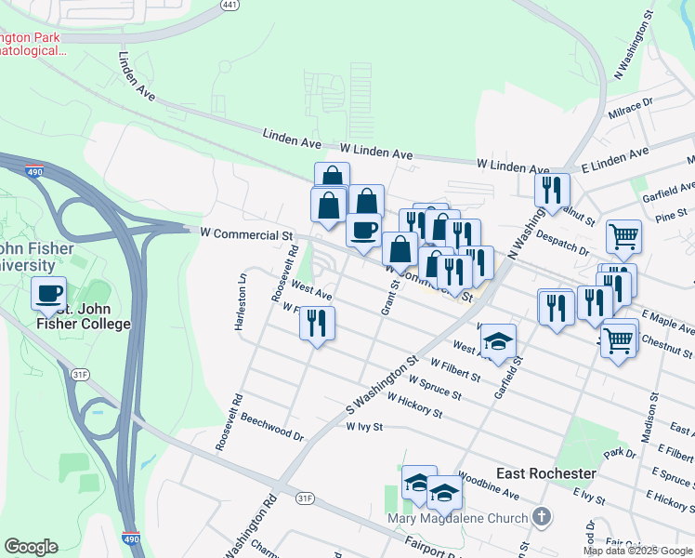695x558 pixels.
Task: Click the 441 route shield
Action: [x=228, y=5]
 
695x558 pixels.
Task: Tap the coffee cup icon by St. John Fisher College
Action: [x=48, y=293]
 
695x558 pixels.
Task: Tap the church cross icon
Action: [x=544, y=517]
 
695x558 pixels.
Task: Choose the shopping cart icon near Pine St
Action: [x=623, y=235]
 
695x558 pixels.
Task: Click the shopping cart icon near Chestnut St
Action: [x=619, y=340]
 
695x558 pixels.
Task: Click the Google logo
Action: [x=31, y=547]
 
